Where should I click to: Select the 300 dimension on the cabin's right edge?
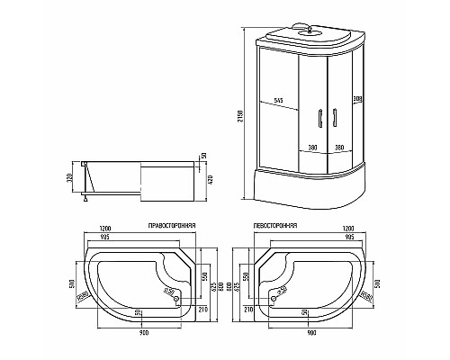pos(356,98)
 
